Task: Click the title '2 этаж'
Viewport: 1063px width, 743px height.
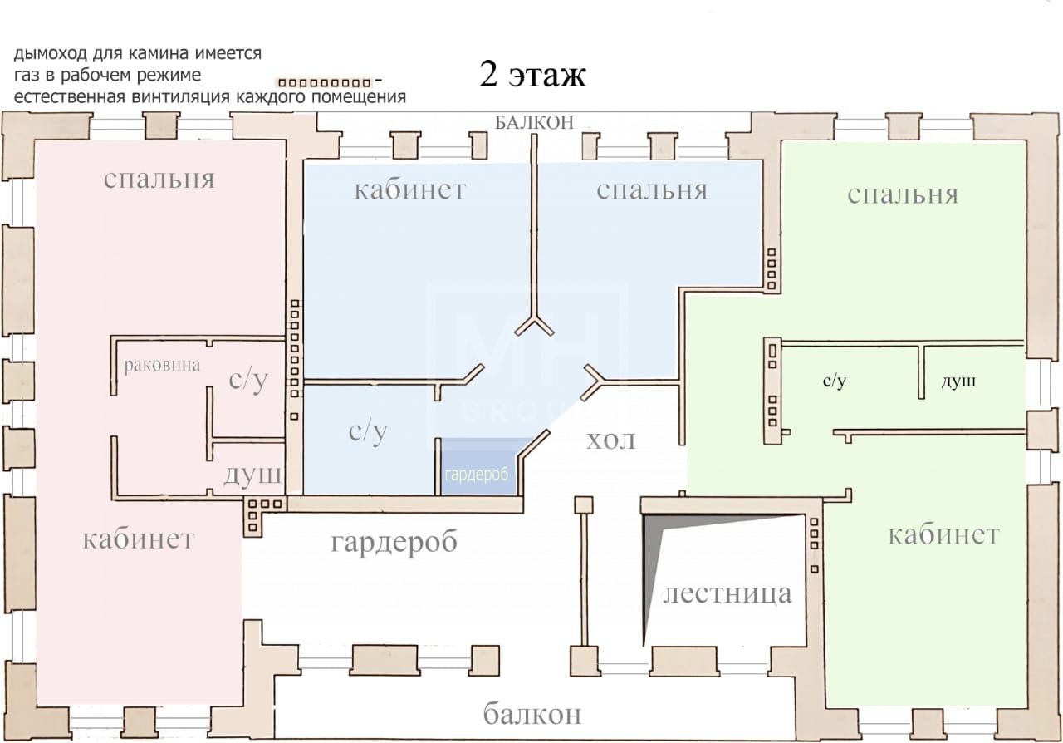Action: click(x=532, y=75)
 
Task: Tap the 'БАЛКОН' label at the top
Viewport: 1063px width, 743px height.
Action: click(x=534, y=122)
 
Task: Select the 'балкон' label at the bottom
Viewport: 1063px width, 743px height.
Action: click(x=532, y=713)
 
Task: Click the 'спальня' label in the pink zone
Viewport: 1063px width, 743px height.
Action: click(x=159, y=179)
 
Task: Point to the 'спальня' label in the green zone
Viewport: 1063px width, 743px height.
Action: click(x=903, y=194)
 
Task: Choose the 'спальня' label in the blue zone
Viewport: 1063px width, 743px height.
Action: click(x=652, y=189)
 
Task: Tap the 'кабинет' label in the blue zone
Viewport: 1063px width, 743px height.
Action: click(x=409, y=189)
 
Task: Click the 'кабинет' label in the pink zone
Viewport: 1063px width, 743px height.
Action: click(x=139, y=539)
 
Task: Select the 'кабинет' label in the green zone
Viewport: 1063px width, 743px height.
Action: click(x=943, y=535)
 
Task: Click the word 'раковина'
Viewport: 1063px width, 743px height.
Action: click(x=162, y=365)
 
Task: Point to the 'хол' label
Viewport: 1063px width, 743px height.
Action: click(x=610, y=440)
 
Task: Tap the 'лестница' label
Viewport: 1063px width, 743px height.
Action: click(x=727, y=593)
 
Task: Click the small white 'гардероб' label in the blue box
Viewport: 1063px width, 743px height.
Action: click(x=477, y=474)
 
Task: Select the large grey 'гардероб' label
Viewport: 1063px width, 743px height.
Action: click(x=394, y=542)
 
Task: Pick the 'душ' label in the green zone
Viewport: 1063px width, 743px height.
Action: click(x=958, y=381)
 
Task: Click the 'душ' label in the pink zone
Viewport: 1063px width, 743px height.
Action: click(x=252, y=474)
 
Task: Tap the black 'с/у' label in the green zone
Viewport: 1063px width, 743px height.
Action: click(x=835, y=381)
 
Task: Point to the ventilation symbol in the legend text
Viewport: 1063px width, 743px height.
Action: click(x=325, y=83)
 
